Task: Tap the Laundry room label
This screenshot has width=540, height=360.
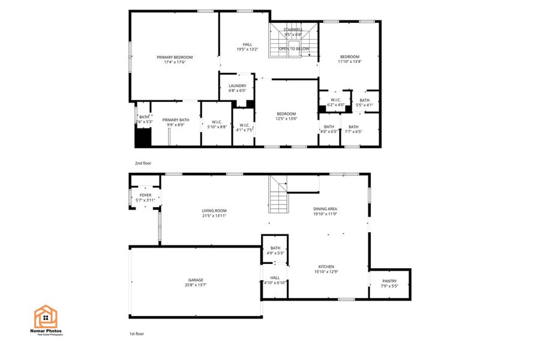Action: click(238, 86)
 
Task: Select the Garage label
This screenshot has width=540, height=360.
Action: click(196, 280)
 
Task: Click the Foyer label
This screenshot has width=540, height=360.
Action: click(146, 195)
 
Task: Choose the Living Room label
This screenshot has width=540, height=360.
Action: click(214, 211)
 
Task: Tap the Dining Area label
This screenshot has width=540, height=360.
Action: click(325, 209)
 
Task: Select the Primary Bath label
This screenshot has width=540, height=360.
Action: click(175, 120)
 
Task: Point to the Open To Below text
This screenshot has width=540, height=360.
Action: click(294, 49)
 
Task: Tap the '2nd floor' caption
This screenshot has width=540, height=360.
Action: click(143, 163)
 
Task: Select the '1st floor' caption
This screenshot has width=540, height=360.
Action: click(137, 334)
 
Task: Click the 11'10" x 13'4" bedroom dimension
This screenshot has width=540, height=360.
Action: click(350, 61)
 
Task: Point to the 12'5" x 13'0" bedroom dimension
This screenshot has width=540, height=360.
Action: click(286, 119)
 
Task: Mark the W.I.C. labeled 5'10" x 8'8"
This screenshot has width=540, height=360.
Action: click(217, 124)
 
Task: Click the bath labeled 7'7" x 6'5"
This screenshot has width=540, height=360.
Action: click(353, 129)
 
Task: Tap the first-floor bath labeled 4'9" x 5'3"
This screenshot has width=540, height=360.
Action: click(275, 250)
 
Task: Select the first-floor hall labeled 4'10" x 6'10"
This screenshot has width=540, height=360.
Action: click(275, 280)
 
